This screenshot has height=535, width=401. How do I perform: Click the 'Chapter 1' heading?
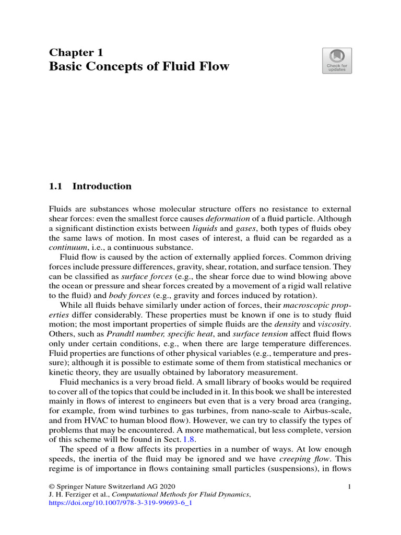(76, 52)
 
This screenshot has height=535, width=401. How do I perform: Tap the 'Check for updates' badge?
(337, 61)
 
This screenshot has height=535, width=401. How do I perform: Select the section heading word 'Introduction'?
(102, 187)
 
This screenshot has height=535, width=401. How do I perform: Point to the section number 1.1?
(55, 187)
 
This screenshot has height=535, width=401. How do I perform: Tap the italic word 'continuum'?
(67, 248)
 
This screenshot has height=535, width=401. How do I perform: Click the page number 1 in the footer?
(348, 487)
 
